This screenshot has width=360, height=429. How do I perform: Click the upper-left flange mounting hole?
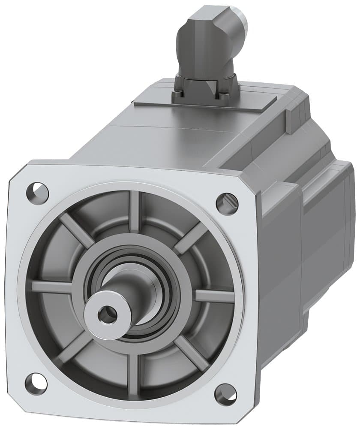coord(38,189)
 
